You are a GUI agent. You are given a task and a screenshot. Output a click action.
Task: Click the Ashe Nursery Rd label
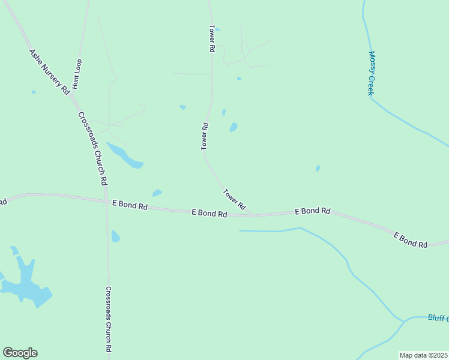49,71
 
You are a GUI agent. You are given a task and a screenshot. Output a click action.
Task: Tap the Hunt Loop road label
77,74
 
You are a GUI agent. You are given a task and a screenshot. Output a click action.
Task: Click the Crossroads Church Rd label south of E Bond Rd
108,319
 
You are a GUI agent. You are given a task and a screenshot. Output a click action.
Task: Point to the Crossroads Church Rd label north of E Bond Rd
93,148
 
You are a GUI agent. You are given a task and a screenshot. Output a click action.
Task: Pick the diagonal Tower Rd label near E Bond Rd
234,199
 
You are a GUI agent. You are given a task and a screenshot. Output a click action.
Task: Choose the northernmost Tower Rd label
212,38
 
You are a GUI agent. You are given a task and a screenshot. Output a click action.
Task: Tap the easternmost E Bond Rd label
411,240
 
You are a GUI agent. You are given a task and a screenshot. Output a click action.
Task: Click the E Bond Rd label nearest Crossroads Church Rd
130,205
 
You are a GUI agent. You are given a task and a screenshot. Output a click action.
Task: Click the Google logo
20,353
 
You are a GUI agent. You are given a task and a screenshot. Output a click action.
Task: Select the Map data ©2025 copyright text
423,355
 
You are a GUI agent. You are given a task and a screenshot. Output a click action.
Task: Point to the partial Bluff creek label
438,318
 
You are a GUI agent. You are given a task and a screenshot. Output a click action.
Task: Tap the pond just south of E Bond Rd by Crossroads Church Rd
115,236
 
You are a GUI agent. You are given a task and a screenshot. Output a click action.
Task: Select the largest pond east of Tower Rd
233,127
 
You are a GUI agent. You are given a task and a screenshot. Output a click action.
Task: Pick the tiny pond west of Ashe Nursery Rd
34,92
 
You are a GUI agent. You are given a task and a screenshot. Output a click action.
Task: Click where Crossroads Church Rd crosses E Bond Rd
107,202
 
